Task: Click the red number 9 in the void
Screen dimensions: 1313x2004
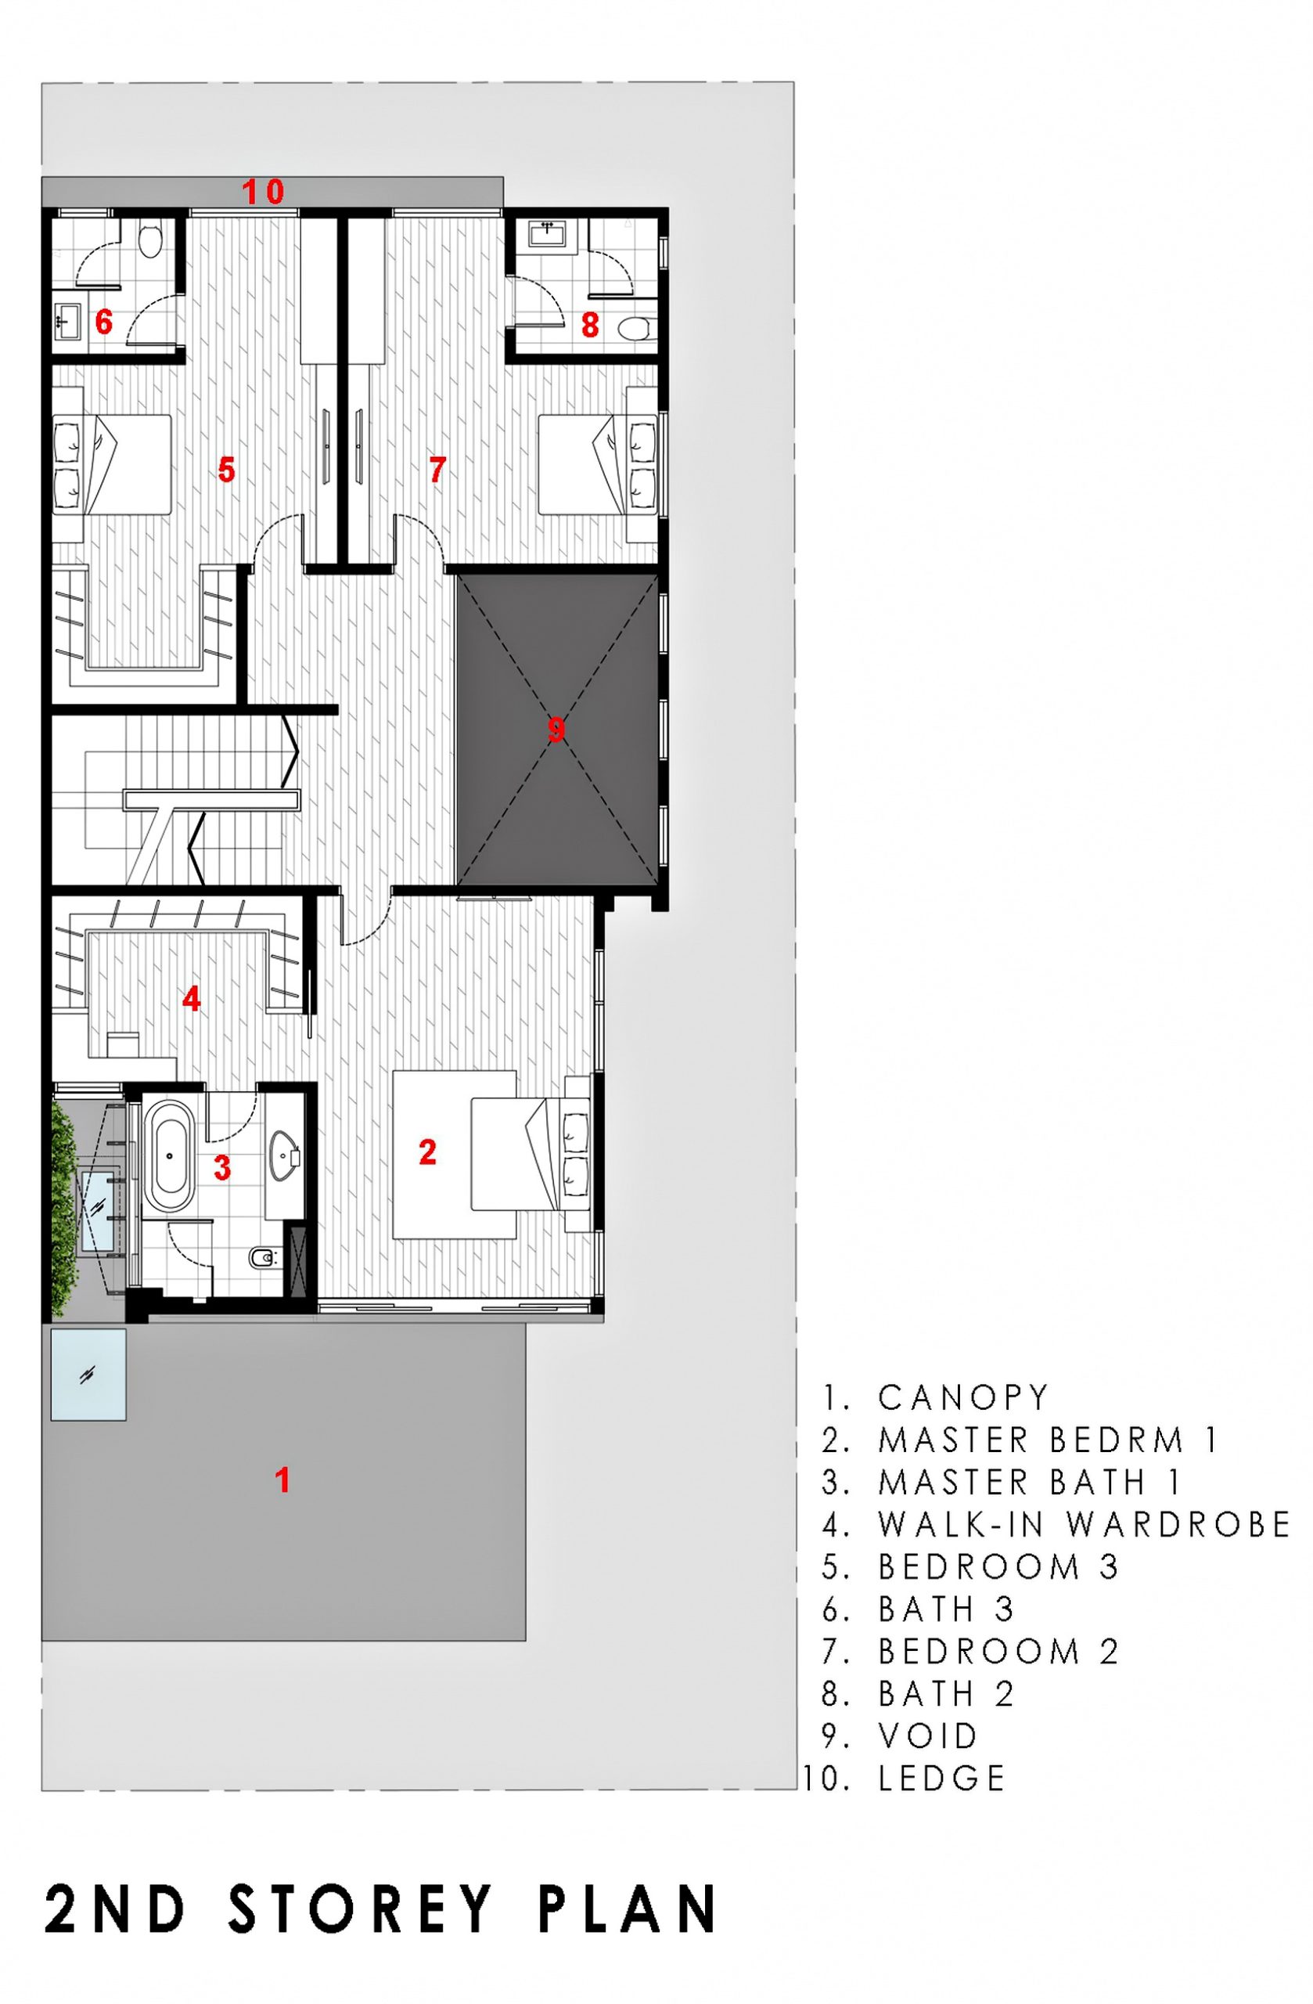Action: click(x=556, y=729)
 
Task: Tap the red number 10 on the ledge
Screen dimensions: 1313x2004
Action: click(x=264, y=192)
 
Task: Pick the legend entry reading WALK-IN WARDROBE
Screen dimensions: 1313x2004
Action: click(x=1084, y=1523)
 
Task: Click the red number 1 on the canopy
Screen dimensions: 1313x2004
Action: click(x=283, y=1480)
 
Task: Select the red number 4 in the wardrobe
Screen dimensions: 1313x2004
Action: click(x=192, y=1000)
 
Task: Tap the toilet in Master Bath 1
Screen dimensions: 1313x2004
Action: click(x=263, y=1260)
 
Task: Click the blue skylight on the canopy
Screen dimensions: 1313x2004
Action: click(x=88, y=1374)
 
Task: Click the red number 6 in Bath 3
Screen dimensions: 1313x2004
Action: click(x=103, y=321)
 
